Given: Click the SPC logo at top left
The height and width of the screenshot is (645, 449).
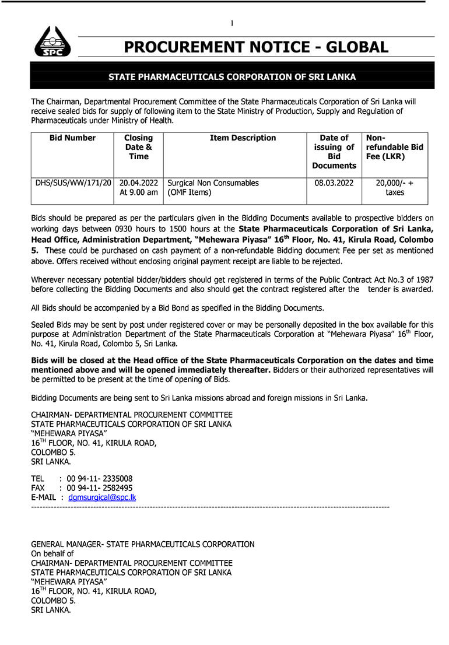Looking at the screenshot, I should point(52,42).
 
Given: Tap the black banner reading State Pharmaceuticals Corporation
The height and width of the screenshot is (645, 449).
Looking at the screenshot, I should point(232,76).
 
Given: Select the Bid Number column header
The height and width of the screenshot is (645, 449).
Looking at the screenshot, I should point(72,138).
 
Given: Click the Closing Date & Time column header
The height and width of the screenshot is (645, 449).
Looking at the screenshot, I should point(138,147).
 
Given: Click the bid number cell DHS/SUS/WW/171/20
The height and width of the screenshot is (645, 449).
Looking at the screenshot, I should point(73,183).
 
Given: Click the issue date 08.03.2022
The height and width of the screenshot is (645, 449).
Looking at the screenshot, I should point(334,183).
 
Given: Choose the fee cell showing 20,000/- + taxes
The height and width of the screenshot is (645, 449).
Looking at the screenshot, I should point(394,187).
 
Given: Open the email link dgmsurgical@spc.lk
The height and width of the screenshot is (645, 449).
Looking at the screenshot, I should point(102,497).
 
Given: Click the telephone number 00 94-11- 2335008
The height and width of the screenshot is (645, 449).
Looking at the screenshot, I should point(99,479).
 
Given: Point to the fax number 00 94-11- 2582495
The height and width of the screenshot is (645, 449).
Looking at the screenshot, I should point(99,488).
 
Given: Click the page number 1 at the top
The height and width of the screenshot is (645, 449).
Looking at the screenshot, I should point(232,23).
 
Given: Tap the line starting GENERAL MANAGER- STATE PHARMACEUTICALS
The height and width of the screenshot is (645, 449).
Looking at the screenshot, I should point(143,544).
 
